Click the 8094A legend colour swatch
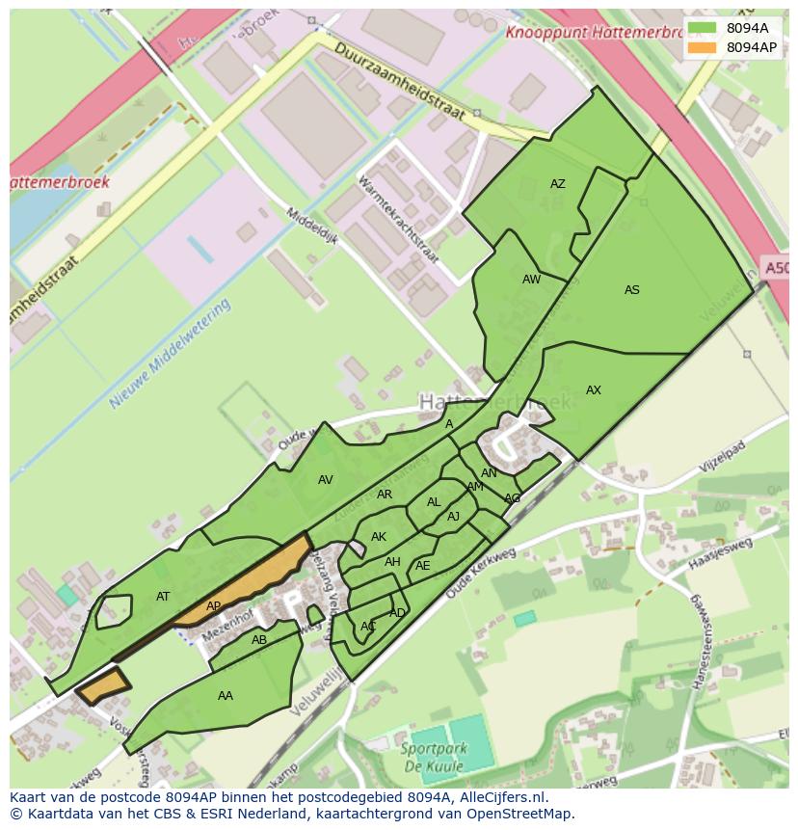click(703, 28)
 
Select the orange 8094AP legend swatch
click(703, 47)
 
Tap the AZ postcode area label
click(558, 184)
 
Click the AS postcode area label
click(632, 290)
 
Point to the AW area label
click(531, 280)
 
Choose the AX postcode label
click(594, 390)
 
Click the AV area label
click(326, 480)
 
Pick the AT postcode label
click(163, 597)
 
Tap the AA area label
click(226, 696)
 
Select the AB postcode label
click(259, 640)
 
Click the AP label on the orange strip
click(214, 606)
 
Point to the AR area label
click(385, 495)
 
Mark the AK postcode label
click(379, 537)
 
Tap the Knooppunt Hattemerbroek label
click(591, 31)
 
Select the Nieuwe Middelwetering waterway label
click(172, 354)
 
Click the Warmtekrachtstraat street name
click(398, 220)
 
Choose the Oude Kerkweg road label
click(482, 575)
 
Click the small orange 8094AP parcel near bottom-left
click(102, 686)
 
